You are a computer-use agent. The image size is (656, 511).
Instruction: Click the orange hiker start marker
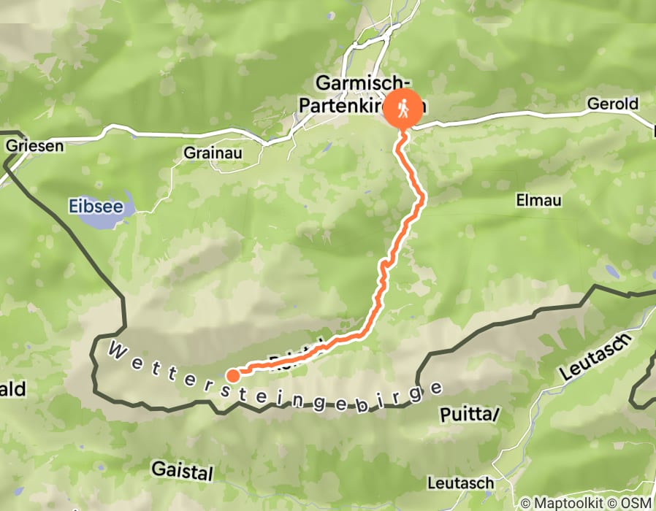point(403,110)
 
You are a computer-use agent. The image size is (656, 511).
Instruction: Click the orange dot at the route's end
point(232,376)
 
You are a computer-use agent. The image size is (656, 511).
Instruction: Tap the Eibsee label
point(95,206)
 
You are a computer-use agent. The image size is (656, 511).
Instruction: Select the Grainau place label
point(212,154)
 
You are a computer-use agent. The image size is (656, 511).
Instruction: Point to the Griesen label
point(34,145)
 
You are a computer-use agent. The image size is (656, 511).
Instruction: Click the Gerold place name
point(612,104)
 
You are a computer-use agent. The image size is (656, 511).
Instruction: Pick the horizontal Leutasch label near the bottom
point(460,483)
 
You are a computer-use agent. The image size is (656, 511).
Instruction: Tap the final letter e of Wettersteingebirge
point(437,388)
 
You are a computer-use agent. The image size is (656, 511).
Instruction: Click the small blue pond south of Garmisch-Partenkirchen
point(328,147)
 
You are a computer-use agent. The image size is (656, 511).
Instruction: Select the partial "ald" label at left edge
point(13,390)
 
